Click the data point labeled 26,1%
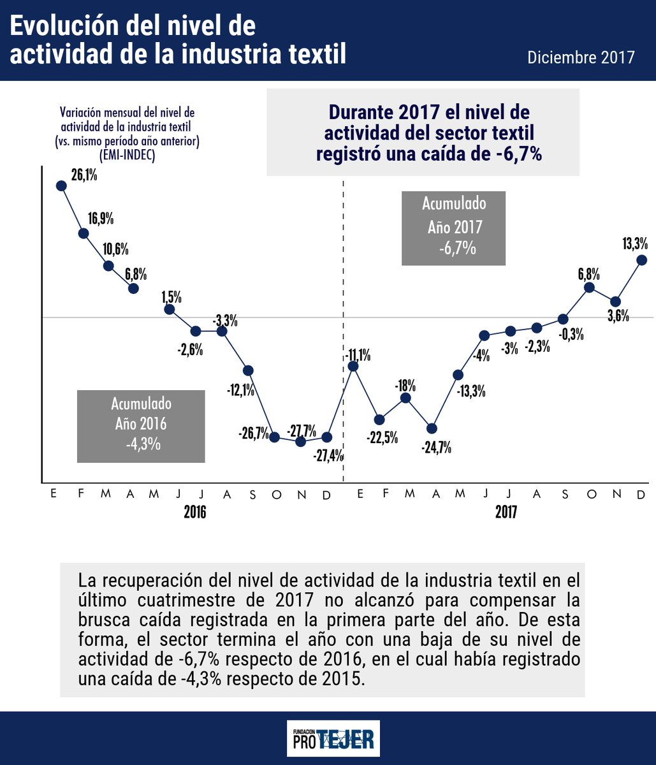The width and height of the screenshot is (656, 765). point(61,186)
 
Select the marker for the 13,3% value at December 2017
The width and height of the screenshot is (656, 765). point(642,259)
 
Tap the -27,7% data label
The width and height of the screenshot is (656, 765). point(302,430)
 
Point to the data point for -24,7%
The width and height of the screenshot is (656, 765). point(432,428)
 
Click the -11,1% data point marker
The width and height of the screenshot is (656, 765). point(353,366)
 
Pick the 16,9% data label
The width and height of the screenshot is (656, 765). point(101,219)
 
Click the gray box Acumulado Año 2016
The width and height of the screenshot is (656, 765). point(141,426)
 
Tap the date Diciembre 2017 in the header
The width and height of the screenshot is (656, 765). point(581,57)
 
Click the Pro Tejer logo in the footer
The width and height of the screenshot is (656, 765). point(333,738)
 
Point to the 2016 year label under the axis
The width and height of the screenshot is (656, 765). point(195,512)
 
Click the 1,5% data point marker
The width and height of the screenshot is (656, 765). point(170,309)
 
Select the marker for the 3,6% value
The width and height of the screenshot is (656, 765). point(615,302)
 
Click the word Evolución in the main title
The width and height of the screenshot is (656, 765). point(66,26)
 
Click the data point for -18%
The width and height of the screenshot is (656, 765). point(405,398)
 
